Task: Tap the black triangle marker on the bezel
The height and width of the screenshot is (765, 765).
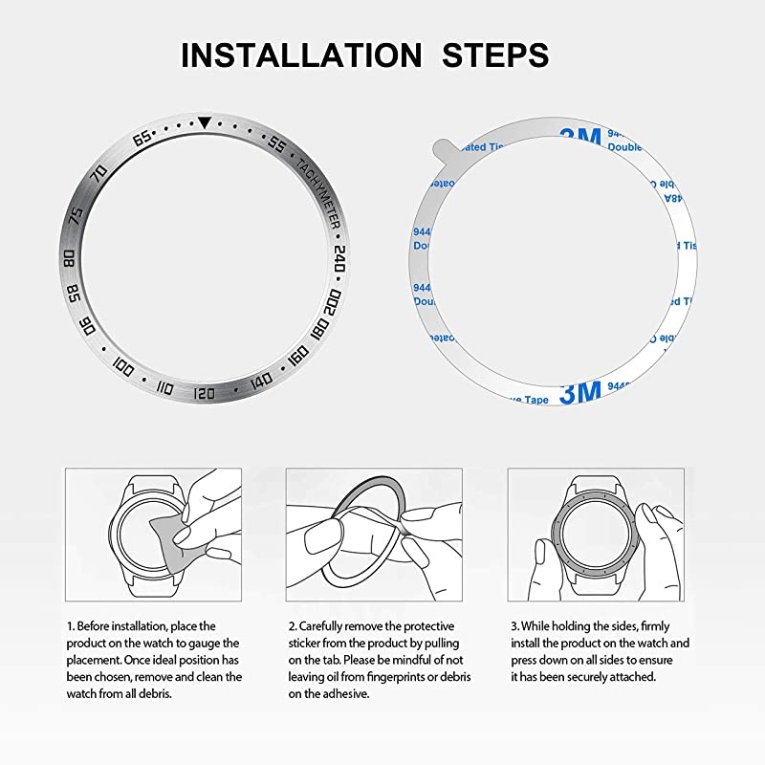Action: click(205, 122)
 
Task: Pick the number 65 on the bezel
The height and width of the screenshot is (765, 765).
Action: click(142, 140)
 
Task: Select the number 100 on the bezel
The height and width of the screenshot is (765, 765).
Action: click(122, 365)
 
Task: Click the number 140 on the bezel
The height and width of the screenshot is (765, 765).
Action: click(260, 383)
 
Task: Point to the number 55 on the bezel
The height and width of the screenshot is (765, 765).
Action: click(276, 145)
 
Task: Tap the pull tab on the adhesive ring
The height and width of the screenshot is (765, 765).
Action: click(436, 146)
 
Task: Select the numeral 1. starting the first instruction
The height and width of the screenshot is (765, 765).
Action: click(70, 625)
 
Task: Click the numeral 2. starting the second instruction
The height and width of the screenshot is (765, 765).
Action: click(292, 625)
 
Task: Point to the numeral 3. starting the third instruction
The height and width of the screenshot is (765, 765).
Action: click(514, 625)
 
